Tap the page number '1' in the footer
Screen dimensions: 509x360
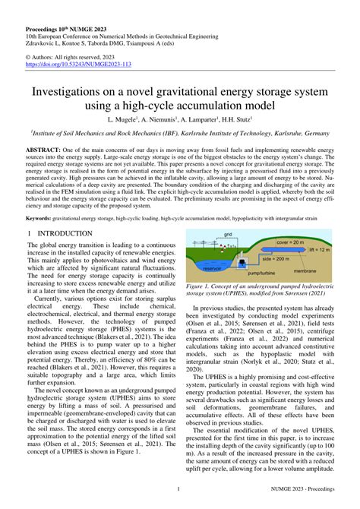(178, 489)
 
